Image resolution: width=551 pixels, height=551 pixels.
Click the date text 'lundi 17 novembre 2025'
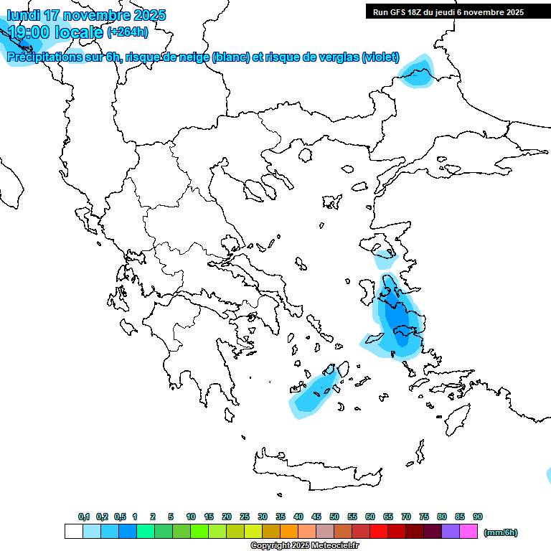[x=86, y=15]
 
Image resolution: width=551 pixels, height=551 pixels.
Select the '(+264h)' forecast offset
[x=128, y=32]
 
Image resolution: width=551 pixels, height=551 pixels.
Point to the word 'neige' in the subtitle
[x=194, y=57]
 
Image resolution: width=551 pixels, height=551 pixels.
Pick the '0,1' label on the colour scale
[x=84, y=517]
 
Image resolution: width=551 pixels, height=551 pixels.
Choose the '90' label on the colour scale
[x=478, y=517]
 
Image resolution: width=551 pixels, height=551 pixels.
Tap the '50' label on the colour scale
[x=334, y=517]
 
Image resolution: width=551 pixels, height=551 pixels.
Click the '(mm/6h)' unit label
[x=501, y=532]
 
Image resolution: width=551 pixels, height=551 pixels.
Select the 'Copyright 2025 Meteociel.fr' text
[x=304, y=546]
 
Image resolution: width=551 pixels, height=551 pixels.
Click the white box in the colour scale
[x=73, y=532]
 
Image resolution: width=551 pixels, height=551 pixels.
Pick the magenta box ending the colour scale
[x=468, y=532]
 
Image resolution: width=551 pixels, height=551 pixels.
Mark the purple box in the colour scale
[x=451, y=532]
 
